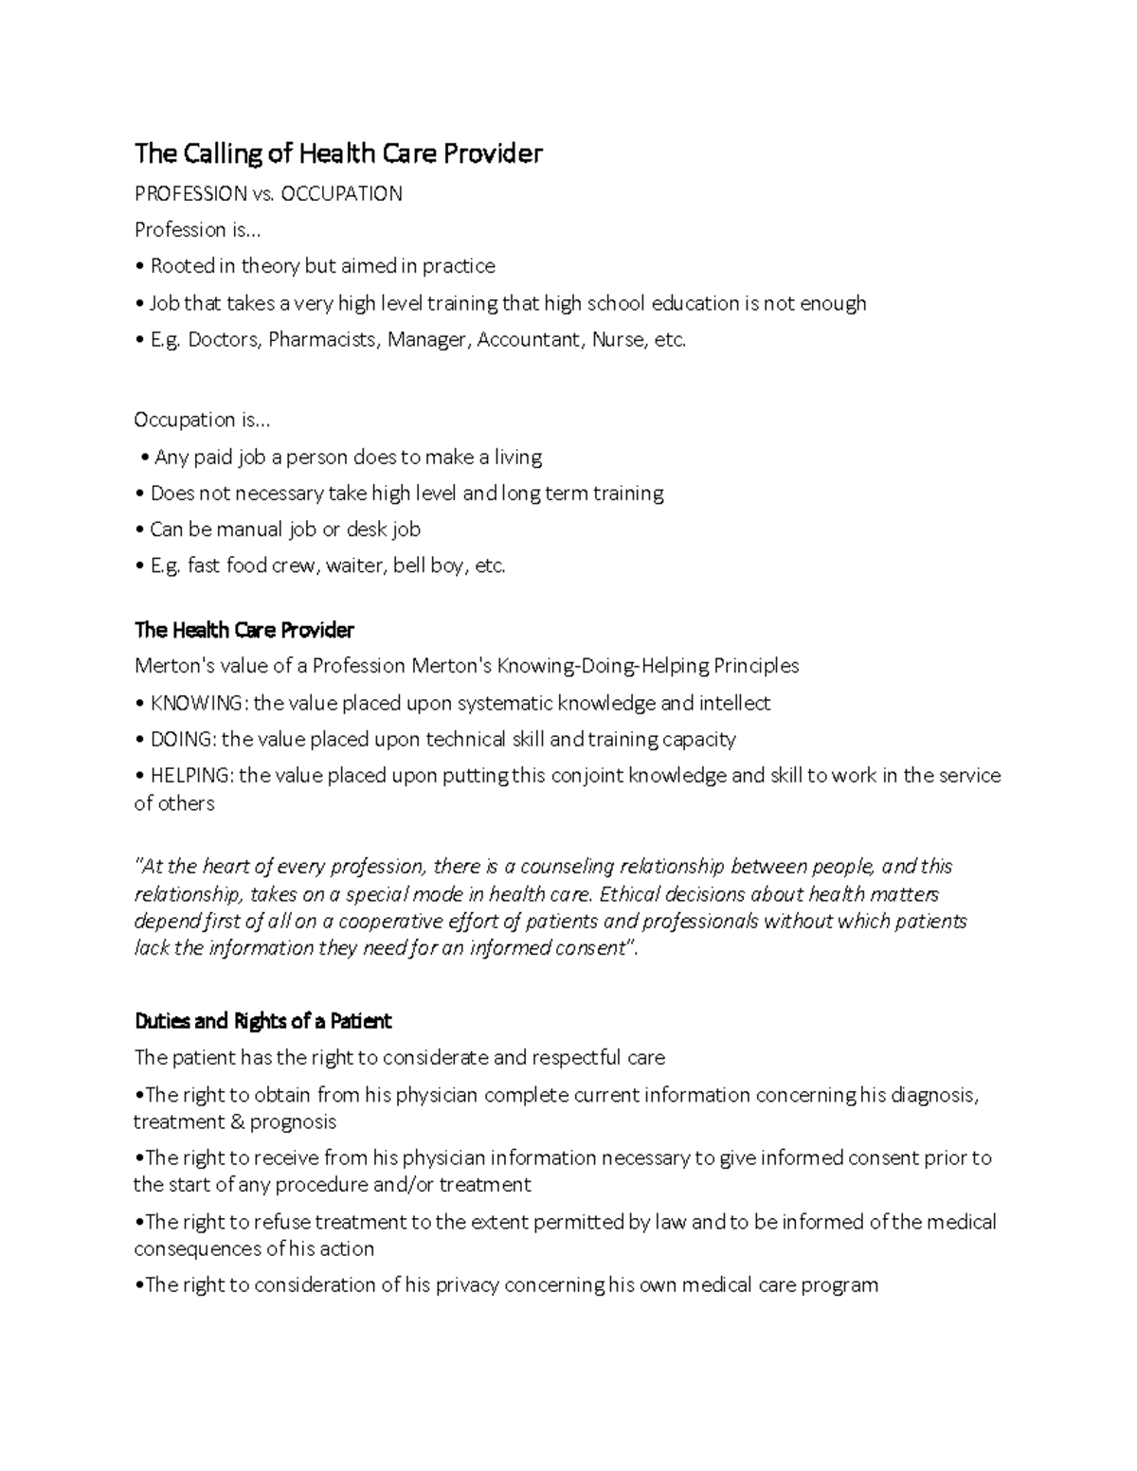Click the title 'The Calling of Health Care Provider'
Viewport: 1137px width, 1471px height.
338,153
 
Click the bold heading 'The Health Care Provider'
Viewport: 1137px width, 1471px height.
244,630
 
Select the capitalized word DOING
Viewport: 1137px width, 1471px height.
183,739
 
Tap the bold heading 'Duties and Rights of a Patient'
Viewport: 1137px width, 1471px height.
262,1021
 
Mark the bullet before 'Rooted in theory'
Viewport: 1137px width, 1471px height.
139,266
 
